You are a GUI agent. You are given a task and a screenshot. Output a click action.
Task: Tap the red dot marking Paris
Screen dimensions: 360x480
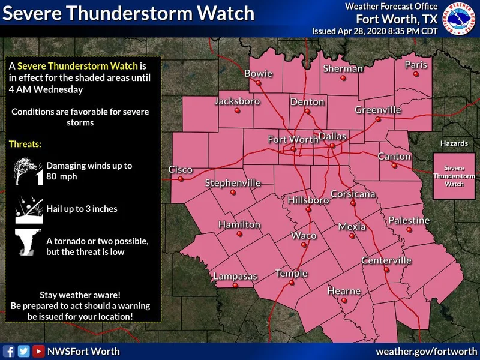click(x=416, y=74)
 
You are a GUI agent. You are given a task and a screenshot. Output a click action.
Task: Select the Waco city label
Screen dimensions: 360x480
click(x=304, y=235)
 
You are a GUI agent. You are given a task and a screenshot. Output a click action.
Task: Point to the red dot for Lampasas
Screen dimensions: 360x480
click(x=235, y=286)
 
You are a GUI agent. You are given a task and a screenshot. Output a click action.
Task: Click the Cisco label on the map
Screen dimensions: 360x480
click(x=180, y=170)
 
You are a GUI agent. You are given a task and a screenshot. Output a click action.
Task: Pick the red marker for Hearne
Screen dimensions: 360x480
click(x=344, y=300)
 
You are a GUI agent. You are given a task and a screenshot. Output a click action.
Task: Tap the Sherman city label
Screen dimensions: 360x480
click(x=343, y=68)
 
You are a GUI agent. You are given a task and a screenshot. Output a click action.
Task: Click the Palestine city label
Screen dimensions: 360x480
click(x=409, y=220)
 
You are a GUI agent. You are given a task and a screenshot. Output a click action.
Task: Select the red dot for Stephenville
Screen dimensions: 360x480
click(x=233, y=193)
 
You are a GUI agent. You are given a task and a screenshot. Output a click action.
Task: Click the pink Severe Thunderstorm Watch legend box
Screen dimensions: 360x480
click(x=454, y=176)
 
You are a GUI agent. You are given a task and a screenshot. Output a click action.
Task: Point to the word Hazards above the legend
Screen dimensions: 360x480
click(x=454, y=144)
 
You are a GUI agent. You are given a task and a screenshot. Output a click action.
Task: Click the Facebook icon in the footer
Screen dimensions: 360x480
click(x=9, y=352)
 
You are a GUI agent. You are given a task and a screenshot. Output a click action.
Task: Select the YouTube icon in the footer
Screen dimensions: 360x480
click(x=38, y=352)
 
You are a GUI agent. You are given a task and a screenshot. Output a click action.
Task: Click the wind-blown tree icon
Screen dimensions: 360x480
click(x=28, y=171)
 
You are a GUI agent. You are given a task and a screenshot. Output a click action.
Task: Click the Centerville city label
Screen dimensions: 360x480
click(x=386, y=260)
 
